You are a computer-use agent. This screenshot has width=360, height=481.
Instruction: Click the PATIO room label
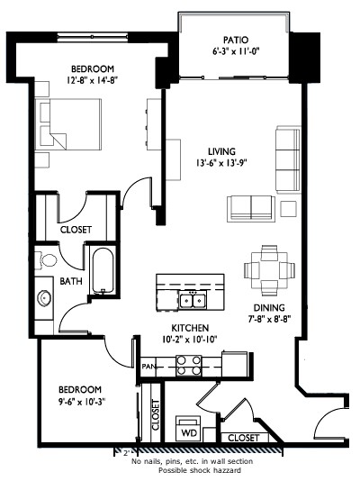click(x=236, y=40)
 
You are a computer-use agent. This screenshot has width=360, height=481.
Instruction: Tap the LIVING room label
click(x=221, y=151)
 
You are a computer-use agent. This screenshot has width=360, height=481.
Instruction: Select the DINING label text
click(x=269, y=308)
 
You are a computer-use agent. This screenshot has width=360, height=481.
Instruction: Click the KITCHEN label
click(x=190, y=328)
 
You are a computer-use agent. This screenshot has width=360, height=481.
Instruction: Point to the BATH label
click(x=71, y=281)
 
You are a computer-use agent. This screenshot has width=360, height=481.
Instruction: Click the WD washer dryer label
click(x=189, y=433)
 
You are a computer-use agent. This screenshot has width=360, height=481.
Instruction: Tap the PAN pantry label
click(x=148, y=367)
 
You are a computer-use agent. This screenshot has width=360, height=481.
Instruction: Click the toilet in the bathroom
click(x=46, y=260)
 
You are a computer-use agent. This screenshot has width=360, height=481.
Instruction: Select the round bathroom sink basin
click(x=44, y=298)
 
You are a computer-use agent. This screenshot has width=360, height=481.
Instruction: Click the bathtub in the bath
click(x=103, y=270)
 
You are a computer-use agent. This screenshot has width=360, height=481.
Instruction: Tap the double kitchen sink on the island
click(x=193, y=300)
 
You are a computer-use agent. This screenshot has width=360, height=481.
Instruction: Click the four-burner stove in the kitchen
click(x=188, y=366)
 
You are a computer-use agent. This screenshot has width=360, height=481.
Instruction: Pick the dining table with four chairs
click(x=269, y=270)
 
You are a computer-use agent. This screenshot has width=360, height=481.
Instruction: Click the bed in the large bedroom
click(x=68, y=124)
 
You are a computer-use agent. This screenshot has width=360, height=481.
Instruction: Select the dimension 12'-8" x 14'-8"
click(x=92, y=80)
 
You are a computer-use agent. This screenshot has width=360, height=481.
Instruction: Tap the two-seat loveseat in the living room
click(x=251, y=208)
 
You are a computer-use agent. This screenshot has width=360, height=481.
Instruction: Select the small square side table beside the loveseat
click(x=288, y=209)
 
